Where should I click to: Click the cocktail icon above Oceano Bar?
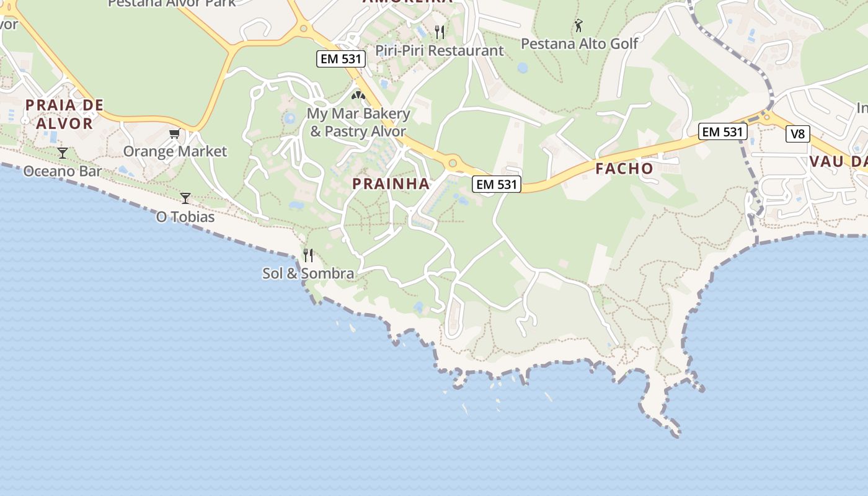(x=62, y=153)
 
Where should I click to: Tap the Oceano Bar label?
(x=62, y=171)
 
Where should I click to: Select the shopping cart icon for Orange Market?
(x=174, y=134)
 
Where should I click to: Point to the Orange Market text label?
(x=175, y=151)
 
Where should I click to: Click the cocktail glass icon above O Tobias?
(x=185, y=198)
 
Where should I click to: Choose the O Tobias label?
(x=185, y=217)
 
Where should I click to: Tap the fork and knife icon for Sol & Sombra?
(x=308, y=255)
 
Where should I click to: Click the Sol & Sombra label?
(x=308, y=273)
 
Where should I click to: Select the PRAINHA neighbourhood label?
(x=391, y=184)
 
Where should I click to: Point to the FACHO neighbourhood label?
(x=624, y=169)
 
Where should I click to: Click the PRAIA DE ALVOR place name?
(x=64, y=114)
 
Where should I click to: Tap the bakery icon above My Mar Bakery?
(x=358, y=95)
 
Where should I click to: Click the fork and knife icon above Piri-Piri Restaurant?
(x=440, y=32)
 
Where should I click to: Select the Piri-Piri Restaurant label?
(x=440, y=51)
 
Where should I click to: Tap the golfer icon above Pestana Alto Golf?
(x=578, y=25)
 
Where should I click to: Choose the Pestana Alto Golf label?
(x=579, y=43)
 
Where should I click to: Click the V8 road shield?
(x=798, y=133)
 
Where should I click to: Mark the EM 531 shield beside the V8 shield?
(x=722, y=131)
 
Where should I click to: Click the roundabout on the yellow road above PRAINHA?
(x=453, y=163)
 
